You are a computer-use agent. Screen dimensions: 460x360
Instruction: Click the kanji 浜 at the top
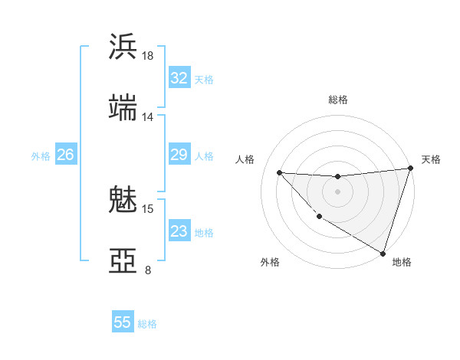pos(123,47)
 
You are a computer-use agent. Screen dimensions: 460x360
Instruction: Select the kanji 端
pos(123,108)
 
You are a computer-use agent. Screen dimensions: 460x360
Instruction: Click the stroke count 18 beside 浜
pos(147,55)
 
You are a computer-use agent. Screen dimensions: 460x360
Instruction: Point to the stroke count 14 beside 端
pos(147,117)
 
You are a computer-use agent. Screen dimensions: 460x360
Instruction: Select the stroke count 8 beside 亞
pos(147,270)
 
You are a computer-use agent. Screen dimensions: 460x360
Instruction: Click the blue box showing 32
pos(179,78)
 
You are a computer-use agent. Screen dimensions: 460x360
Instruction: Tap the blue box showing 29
pos(179,155)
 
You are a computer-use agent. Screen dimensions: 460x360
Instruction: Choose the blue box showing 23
pos(179,232)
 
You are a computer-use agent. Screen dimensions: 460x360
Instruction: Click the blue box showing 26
pos(65,155)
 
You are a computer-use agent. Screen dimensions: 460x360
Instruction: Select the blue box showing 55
pos(123,322)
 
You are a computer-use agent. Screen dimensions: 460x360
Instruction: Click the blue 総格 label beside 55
pos(147,324)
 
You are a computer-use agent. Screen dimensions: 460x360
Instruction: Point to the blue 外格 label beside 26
pos(41,156)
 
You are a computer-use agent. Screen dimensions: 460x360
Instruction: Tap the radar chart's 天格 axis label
pos(431,159)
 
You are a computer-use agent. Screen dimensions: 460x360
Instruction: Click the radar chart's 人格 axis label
pos(245,159)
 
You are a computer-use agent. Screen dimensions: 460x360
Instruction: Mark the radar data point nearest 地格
pos(383,253)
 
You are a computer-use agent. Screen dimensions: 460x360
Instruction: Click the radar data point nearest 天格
pos(410,169)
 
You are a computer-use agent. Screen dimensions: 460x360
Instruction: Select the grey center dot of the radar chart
pos(337,191)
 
